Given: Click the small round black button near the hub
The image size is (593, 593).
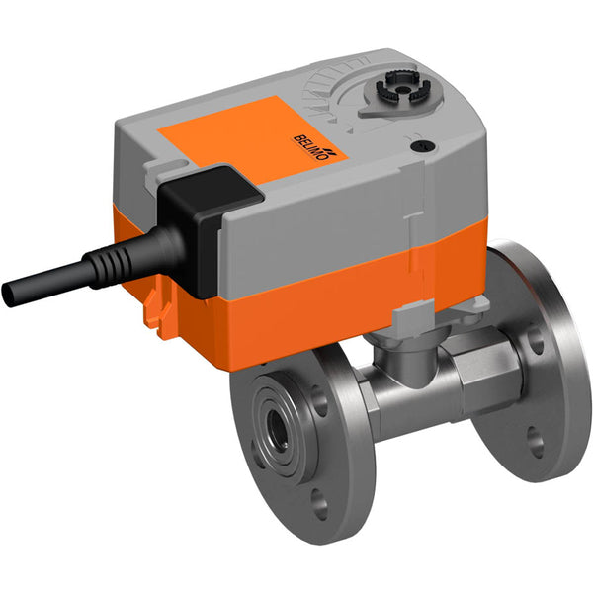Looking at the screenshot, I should (426, 146).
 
